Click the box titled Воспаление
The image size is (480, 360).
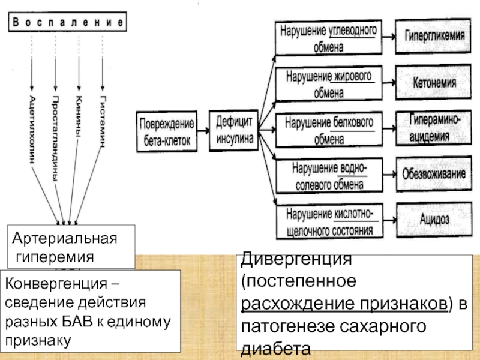click(x=68, y=22)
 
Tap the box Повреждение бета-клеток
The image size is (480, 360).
click(x=167, y=131)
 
